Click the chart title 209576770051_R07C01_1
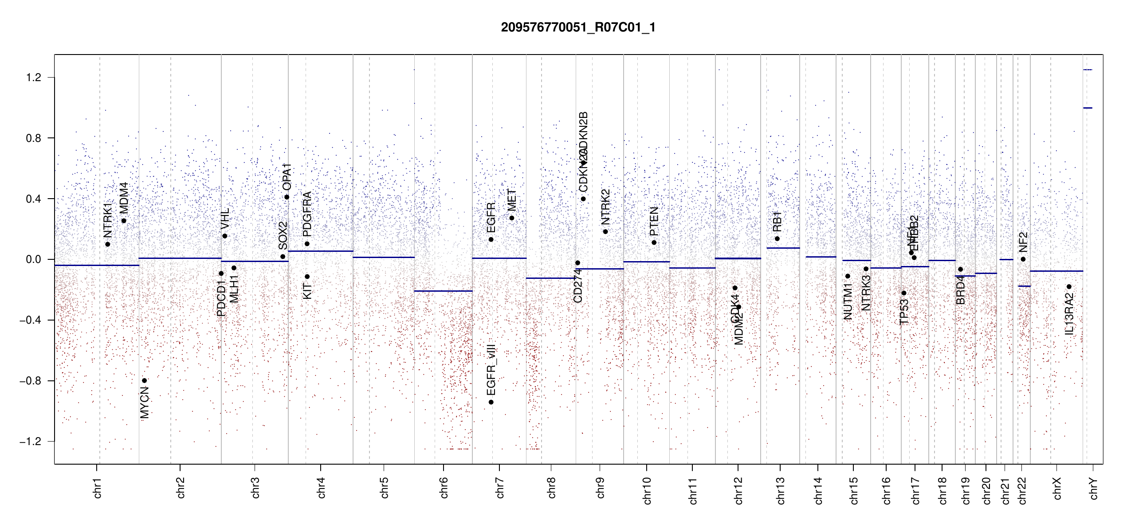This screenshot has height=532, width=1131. click(578, 27)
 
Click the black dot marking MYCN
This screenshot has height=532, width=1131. click(145, 380)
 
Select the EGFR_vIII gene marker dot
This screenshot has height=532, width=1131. click(491, 402)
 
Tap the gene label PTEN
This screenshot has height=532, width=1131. click(654, 221)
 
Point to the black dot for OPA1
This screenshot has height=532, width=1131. click(287, 197)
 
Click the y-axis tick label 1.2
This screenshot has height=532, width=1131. click(33, 78)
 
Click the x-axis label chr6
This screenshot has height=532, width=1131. click(444, 488)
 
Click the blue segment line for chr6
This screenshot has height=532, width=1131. click(443, 291)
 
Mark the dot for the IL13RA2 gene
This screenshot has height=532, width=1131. click(1069, 287)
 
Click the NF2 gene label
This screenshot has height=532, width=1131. click(1023, 242)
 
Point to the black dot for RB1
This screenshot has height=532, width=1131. click(777, 239)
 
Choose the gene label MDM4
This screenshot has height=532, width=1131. click(124, 197)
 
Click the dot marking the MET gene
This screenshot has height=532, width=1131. click(512, 218)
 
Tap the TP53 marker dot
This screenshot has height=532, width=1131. click(904, 293)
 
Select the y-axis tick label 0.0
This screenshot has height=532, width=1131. click(33, 259)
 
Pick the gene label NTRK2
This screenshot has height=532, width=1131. click(605, 207)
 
